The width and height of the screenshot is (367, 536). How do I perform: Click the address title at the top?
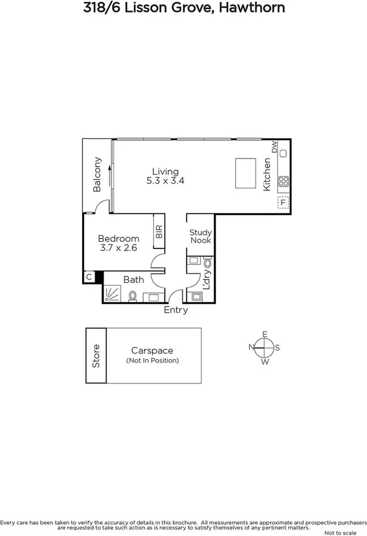(183, 8)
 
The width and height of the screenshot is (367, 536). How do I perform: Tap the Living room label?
(166, 171)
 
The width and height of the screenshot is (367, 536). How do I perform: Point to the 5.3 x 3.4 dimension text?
(166, 181)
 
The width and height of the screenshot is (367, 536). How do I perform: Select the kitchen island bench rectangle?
(244, 171)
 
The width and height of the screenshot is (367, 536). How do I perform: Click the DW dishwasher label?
(275, 147)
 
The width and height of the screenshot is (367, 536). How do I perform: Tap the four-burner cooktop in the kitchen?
(284, 181)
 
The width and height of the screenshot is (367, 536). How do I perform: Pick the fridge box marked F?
(283, 201)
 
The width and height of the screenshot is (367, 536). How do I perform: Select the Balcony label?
(97, 174)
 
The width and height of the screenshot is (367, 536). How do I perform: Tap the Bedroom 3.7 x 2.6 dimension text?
(119, 248)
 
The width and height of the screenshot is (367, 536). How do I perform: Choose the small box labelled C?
(89, 277)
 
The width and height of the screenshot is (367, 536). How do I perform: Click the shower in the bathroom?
(113, 295)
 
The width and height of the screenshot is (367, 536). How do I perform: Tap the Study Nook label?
(200, 236)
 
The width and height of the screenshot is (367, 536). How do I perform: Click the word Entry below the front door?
(175, 310)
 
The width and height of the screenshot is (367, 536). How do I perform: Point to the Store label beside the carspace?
(96, 355)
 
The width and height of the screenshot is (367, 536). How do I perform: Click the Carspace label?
(152, 351)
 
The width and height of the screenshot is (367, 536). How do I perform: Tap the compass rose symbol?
(265, 348)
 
